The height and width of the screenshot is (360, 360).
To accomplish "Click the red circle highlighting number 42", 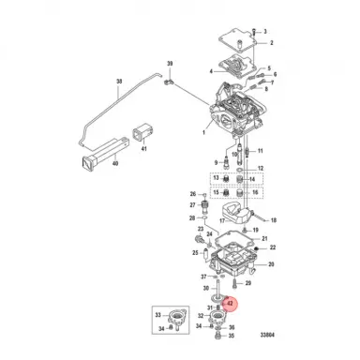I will [x=231, y=303].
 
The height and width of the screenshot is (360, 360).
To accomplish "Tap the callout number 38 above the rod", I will [x=119, y=82].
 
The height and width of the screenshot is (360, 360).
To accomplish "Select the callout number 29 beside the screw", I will [x=248, y=282].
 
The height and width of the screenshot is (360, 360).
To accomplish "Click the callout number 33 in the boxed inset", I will [x=157, y=314].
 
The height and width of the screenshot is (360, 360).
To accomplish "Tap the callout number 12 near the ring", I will [x=261, y=168].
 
